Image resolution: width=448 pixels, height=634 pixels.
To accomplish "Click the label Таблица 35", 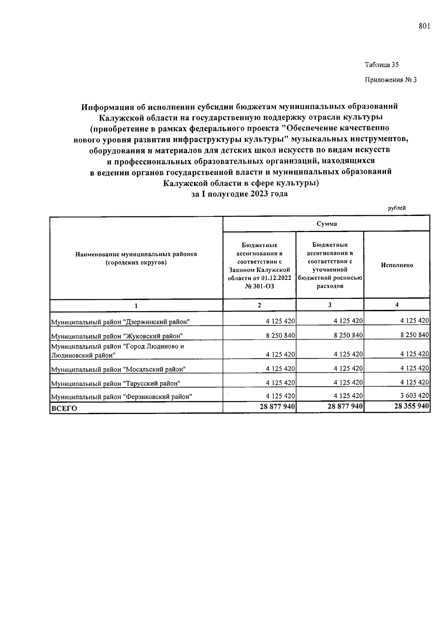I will (382, 65).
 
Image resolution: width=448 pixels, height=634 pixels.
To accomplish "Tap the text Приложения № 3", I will (390, 80).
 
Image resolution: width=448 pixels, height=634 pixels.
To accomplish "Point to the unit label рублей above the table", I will (397, 208).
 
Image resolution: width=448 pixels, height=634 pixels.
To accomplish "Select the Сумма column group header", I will (326, 224).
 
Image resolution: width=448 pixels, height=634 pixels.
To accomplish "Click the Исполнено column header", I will (397, 265).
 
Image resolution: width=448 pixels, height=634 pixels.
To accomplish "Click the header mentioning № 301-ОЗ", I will (259, 266).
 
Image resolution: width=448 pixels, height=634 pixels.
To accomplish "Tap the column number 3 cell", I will (330, 305).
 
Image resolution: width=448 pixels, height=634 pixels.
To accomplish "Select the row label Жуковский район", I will (117, 336).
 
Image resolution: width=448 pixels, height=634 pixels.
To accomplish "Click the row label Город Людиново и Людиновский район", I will (117, 351).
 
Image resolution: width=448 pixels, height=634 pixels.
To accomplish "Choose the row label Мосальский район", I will (118, 369).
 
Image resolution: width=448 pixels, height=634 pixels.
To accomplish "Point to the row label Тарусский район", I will (116, 383).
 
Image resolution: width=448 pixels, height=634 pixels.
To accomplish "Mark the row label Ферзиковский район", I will (121, 397).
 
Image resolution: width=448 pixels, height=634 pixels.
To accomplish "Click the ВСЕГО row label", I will (64, 408).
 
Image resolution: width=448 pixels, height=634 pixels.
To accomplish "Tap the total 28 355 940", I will (411, 406).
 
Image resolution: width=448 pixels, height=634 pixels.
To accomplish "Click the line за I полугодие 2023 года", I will (239, 194).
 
